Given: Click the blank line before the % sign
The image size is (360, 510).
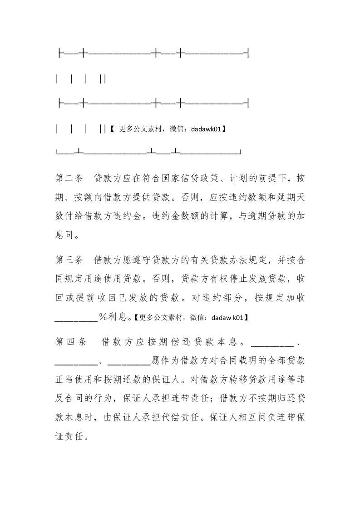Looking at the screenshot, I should tap(76, 318).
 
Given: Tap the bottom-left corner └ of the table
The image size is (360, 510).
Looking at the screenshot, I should tap(57, 152).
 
